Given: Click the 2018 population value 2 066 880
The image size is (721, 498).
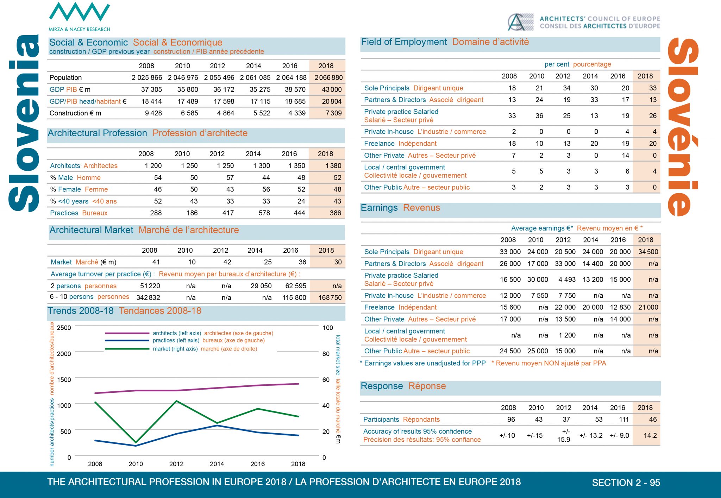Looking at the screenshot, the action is pos(328,77).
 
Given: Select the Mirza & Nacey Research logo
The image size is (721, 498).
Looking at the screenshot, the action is pos(79,17).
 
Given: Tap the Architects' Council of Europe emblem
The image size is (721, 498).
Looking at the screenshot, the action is pos(520,22).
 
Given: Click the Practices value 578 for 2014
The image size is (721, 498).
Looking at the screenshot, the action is pos(264,213).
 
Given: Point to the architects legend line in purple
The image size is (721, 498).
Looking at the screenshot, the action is pos(127,333).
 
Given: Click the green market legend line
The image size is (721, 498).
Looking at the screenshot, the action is pos(127,349).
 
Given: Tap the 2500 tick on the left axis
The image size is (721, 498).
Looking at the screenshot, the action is pos(64,328).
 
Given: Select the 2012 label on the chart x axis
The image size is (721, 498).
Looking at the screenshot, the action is pos(176,464).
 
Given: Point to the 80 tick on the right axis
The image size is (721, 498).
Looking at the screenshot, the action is pos(326,354).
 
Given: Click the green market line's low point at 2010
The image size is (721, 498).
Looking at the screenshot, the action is pos(136,442).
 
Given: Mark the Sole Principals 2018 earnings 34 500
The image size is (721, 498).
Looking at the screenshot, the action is pos(648,252).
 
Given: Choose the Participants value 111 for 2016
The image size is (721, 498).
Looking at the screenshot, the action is pos(624,419).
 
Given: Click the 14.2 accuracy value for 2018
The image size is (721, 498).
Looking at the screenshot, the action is pos(650,435).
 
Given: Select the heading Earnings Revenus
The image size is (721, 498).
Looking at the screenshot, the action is pos(400,208).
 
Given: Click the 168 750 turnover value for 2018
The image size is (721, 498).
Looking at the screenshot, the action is pos(330,297).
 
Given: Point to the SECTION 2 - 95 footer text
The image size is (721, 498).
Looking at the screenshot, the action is pos(626,483).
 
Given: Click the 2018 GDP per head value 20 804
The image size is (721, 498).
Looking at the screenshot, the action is pos(332,101).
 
